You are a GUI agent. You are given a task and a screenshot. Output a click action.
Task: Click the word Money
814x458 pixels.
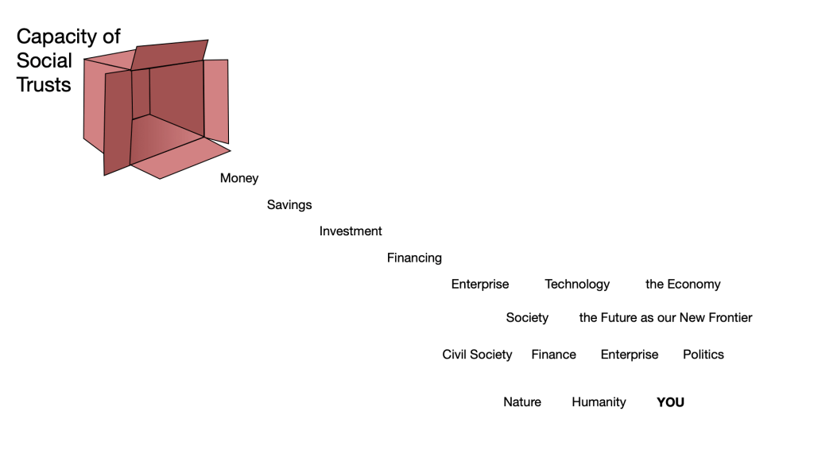click(x=239, y=178)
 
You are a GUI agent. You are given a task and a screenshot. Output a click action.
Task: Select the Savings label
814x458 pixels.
click(x=289, y=204)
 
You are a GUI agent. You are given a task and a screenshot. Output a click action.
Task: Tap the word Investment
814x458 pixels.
click(x=351, y=231)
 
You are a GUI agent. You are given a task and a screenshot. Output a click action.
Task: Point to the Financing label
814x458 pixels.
click(x=414, y=258)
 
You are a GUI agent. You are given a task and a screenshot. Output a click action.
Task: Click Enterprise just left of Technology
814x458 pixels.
click(x=480, y=284)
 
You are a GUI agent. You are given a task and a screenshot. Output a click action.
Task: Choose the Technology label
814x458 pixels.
click(x=577, y=284)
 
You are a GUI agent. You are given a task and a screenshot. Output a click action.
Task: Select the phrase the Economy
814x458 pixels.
click(x=683, y=284)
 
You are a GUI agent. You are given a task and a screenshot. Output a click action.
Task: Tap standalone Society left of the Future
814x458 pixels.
click(x=527, y=317)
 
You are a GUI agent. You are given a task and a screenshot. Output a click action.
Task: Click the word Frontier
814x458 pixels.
click(x=727, y=317)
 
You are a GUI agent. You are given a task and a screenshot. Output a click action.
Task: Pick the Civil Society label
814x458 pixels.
click(x=477, y=354)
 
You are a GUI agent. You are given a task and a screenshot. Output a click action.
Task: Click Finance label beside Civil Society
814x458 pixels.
click(x=553, y=354)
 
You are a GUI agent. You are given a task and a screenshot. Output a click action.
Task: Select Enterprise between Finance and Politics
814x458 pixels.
click(x=629, y=354)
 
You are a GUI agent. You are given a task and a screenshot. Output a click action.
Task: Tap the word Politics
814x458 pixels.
click(x=703, y=354)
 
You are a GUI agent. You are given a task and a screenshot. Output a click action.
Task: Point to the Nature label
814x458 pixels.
click(x=522, y=402)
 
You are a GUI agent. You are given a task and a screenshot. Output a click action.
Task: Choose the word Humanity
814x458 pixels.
click(x=599, y=402)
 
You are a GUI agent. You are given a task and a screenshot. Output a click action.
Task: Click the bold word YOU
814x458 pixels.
click(x=670, y=402)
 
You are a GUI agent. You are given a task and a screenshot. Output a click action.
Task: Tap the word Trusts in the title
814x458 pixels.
click(x=44, y=84)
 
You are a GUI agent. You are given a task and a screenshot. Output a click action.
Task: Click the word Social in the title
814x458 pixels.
click(x=45, y=60)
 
